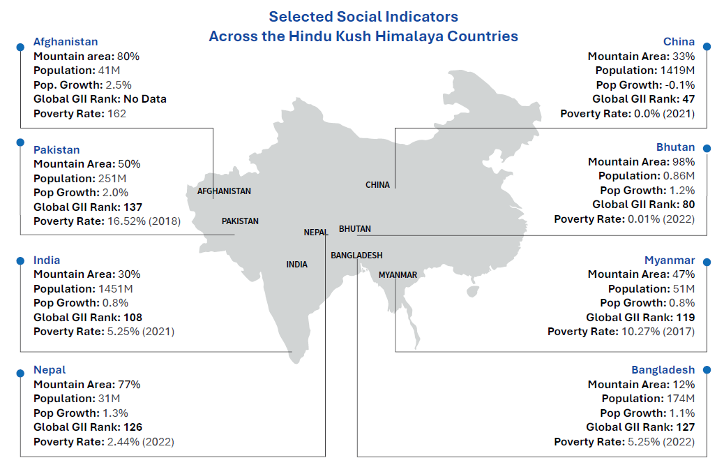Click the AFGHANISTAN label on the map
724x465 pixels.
pos(224,191)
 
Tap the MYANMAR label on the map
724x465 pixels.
pos(398,275)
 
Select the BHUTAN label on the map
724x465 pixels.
pos(355,229)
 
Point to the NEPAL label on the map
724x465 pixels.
pos(316,232)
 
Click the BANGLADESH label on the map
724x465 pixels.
pos(356,256)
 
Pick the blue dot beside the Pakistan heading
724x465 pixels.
pos(20,142)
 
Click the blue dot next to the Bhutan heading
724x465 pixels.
pos(707,148)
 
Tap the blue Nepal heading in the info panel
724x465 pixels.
pos(50,370)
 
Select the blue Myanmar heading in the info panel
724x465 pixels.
pos(670,260)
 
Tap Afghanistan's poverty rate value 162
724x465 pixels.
pos(116,113)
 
